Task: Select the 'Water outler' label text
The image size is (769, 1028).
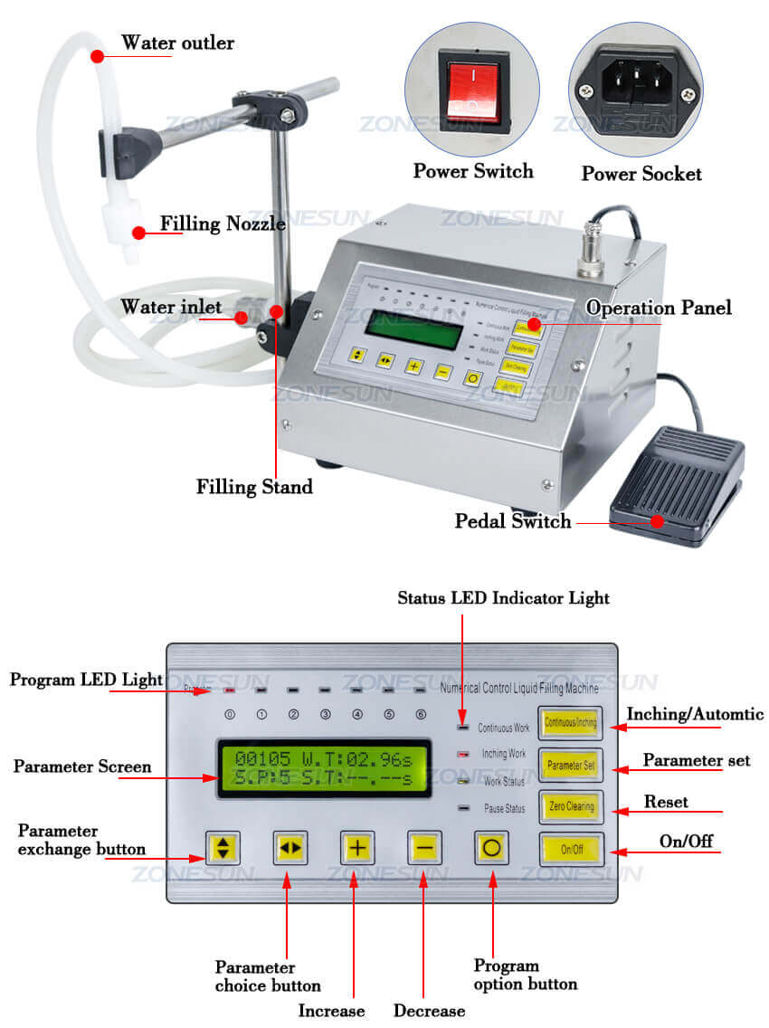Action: [177, 43]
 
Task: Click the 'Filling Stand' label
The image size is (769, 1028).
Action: [254, 486]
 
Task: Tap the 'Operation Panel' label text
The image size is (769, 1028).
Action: [658, 308]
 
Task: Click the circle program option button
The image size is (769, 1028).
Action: [493, 848]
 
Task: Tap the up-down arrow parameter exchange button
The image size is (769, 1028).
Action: [223, 848]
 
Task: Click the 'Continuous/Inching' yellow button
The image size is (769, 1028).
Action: [570, 723]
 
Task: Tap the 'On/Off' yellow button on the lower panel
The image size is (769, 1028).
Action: [571, 850]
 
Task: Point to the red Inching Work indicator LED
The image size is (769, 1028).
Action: [463, 753]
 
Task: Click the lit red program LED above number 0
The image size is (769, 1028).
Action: [230, 690]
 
